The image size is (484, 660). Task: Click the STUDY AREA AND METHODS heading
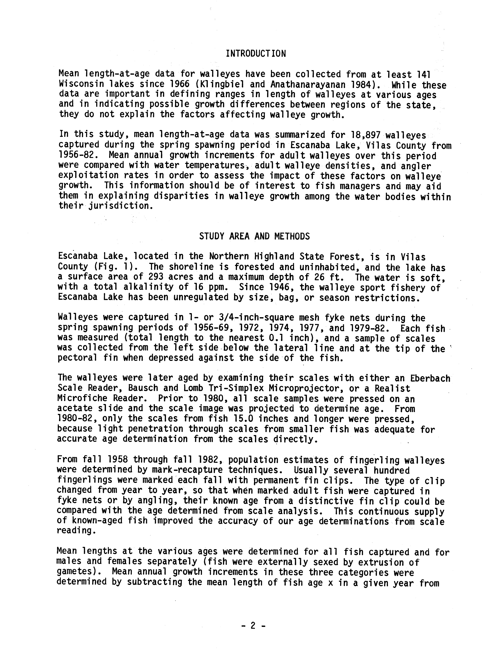pyautogui.click(x=254, y=236)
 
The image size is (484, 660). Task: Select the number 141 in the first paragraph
pyautogui.click(x=425, y=74)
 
